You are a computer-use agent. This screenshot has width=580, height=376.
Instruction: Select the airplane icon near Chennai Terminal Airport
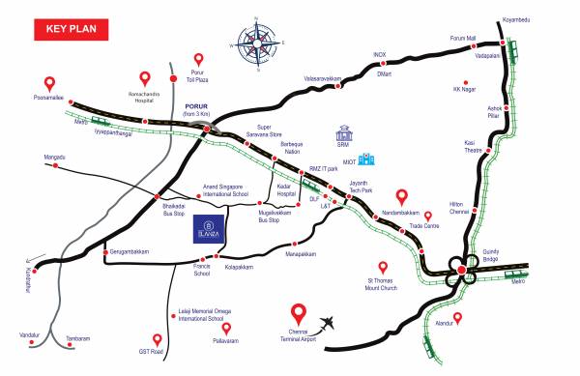click(333, 321)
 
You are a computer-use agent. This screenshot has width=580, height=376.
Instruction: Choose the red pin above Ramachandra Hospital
click(145, 77)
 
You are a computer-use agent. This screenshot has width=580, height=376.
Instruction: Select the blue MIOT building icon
click(365, 159)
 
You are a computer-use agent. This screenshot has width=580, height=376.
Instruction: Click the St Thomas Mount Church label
click(382, 285)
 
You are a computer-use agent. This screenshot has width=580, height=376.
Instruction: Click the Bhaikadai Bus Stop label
click(172, 210)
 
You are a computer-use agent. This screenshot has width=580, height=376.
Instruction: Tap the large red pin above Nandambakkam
click(402, 199)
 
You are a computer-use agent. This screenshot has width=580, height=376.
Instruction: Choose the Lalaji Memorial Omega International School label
click(201, 315)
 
